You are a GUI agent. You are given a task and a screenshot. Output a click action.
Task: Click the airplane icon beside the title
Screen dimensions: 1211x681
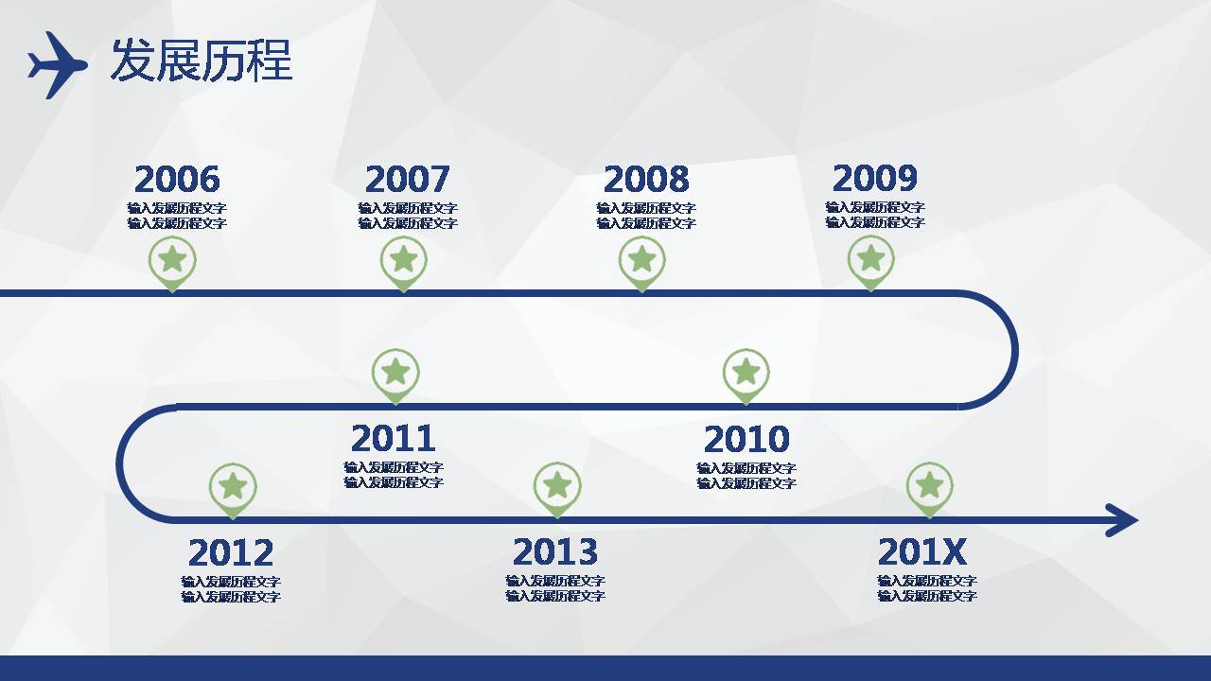58,65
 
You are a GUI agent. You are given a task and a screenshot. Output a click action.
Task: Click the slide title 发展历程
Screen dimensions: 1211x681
202,60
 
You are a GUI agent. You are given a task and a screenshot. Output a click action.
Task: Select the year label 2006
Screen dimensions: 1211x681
177,179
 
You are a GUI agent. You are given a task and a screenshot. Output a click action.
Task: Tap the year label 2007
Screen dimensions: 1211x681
407,179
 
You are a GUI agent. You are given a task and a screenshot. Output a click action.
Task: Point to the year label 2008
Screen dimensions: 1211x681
646,179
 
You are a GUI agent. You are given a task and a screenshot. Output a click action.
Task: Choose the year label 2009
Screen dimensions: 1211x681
875,178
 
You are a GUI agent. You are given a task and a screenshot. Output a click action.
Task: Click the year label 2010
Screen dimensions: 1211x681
746,439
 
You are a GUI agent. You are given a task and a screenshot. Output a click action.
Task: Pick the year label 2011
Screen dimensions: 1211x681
393,438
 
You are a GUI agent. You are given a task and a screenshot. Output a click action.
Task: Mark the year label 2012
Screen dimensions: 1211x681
231,552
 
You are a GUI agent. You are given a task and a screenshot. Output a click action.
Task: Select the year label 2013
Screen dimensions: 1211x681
555,551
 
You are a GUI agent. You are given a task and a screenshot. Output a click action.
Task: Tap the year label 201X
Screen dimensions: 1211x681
921,551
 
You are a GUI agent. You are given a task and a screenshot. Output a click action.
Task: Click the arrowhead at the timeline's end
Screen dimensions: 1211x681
1122,520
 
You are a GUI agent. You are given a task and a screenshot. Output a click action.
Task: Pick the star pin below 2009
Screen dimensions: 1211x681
870,263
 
